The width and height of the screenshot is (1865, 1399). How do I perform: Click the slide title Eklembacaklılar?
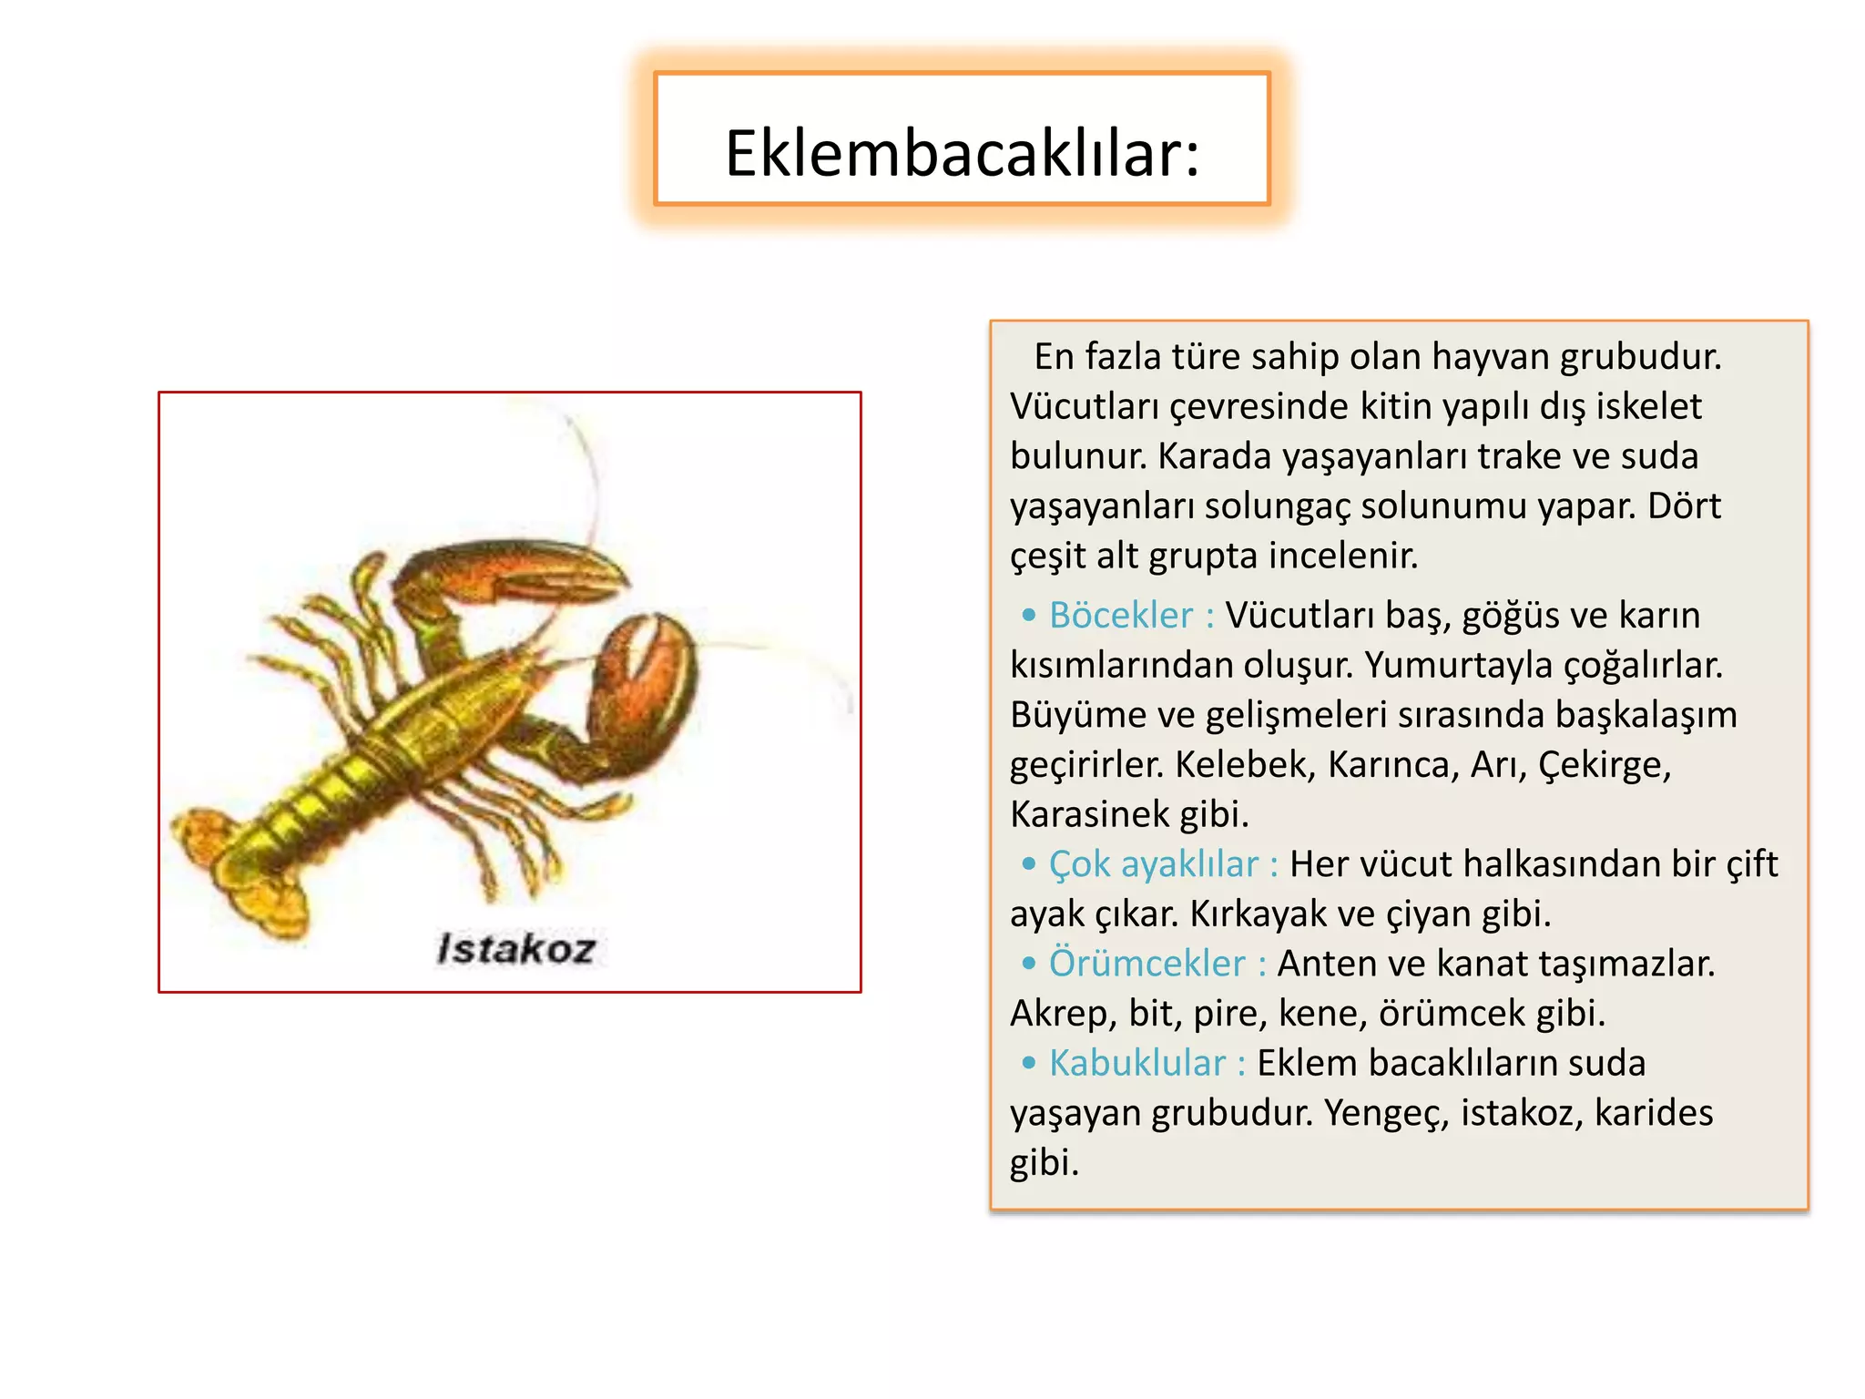click(x=962, y=153)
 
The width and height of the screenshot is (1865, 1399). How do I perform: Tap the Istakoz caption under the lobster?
click(x=516, y=949)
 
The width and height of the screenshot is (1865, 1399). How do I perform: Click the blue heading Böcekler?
click(x=1120, y=615)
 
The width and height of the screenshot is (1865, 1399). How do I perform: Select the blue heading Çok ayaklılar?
click(x=1153, y=863)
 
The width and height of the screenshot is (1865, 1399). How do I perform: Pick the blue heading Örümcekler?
click(x=1147, y=964)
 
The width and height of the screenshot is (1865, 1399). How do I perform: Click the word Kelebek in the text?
click(x=1245, y=764)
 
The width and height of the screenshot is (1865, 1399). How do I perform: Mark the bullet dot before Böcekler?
click(x=1029, y=616)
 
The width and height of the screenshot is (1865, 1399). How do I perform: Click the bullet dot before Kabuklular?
click(x=1029, y=1063)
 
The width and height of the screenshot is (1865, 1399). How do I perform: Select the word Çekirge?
click(x=1605, y=764)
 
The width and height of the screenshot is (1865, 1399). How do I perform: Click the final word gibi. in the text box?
click(x=1044, y=1163)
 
